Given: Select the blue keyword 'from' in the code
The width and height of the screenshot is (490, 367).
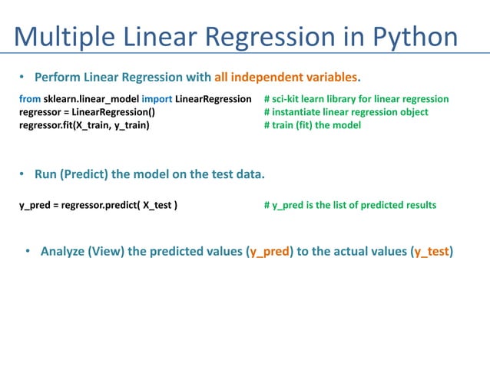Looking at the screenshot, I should point(29,100).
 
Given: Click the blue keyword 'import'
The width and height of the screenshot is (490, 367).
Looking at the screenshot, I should point(157,100).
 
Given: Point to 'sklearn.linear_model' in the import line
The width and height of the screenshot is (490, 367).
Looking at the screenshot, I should point(91,100).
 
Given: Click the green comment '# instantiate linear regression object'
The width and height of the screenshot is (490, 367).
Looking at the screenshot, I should point(346,112).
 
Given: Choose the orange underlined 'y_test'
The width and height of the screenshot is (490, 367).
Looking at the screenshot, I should point(432,251).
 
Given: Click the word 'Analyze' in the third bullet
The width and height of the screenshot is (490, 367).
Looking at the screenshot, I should point(63,251).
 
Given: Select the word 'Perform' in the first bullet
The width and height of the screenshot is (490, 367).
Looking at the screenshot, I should point(57,78).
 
